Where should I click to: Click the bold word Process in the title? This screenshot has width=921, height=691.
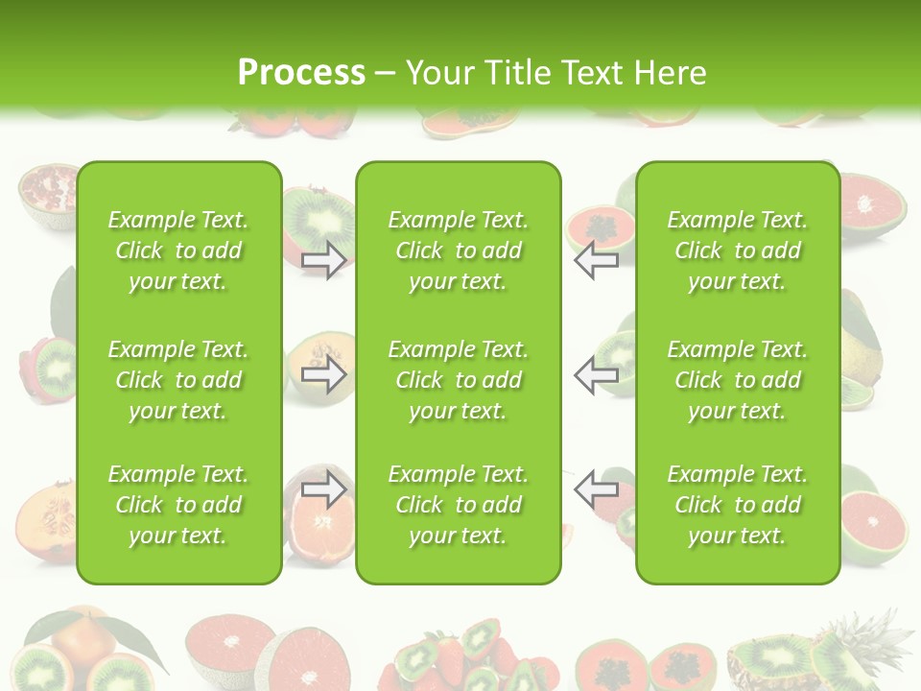point(301,73)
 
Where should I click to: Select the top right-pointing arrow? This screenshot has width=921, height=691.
point(324,260)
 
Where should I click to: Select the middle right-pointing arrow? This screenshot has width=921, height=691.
point(324,374)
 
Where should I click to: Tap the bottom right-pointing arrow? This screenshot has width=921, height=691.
point(324,489)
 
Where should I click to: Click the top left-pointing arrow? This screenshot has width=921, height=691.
point(596,260)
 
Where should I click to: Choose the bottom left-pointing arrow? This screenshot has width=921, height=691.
point(596,489)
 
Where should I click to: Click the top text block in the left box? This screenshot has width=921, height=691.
point(178,250)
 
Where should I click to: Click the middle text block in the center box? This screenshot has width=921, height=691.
point(458,380)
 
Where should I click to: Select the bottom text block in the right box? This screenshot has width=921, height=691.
point(737,505)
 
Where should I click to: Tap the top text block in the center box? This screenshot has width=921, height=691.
point(458,250)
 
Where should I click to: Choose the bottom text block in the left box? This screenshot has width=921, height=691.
point(178,505)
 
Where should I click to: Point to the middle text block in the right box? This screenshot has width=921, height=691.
point(737,380)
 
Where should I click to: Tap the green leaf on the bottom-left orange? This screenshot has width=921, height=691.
point(125,634)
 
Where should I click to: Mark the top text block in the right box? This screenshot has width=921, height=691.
point(737,250)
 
